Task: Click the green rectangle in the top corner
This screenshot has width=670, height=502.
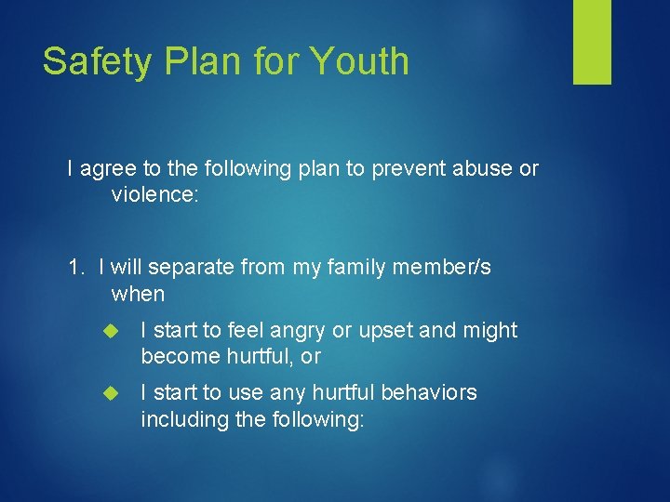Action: click(x=592, y=41)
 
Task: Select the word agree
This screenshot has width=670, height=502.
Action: click(x=110, y=169)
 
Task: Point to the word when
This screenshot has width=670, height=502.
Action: click(x=138, y=295)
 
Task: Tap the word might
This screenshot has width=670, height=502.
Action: click(x=489, y=330)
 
